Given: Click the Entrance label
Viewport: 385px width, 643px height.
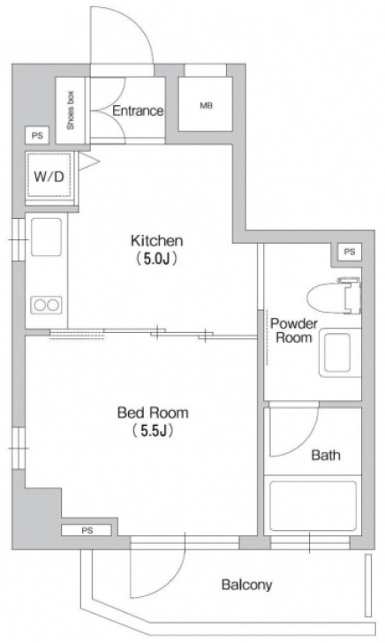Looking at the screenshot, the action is click(x=138, y=110).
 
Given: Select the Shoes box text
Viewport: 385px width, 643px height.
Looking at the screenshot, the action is click(x=71, y=110).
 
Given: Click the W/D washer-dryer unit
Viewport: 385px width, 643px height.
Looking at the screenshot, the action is click(x=49, y=178).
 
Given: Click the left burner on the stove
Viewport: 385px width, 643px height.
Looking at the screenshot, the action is click(x=40, y=305).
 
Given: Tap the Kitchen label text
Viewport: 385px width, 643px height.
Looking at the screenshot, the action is click(x=156, y=241).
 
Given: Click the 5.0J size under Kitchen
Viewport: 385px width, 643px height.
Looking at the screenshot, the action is click(x=156, y=259).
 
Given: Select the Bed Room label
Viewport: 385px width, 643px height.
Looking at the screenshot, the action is click(x=153, y=412).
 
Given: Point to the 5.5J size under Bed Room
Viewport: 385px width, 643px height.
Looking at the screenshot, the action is click(x=153, y=431).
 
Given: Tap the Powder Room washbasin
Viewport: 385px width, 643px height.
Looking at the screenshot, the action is click(x=340, y=352).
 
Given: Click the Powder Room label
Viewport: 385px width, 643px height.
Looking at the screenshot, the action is click(x=293, y=330).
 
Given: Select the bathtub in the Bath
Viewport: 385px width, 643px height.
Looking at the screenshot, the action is click(x=313, y=505).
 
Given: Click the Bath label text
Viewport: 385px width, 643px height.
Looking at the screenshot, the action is click(x=326, y=455).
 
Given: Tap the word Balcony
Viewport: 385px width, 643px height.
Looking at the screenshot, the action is click(x=247, y=585).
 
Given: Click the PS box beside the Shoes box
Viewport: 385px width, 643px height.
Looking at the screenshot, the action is click(x=37, y=135).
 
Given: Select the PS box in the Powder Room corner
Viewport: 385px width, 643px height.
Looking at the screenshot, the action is click(x=350, y=253).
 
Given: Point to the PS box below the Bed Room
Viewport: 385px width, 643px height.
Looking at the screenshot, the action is click(x=87, y=530).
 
